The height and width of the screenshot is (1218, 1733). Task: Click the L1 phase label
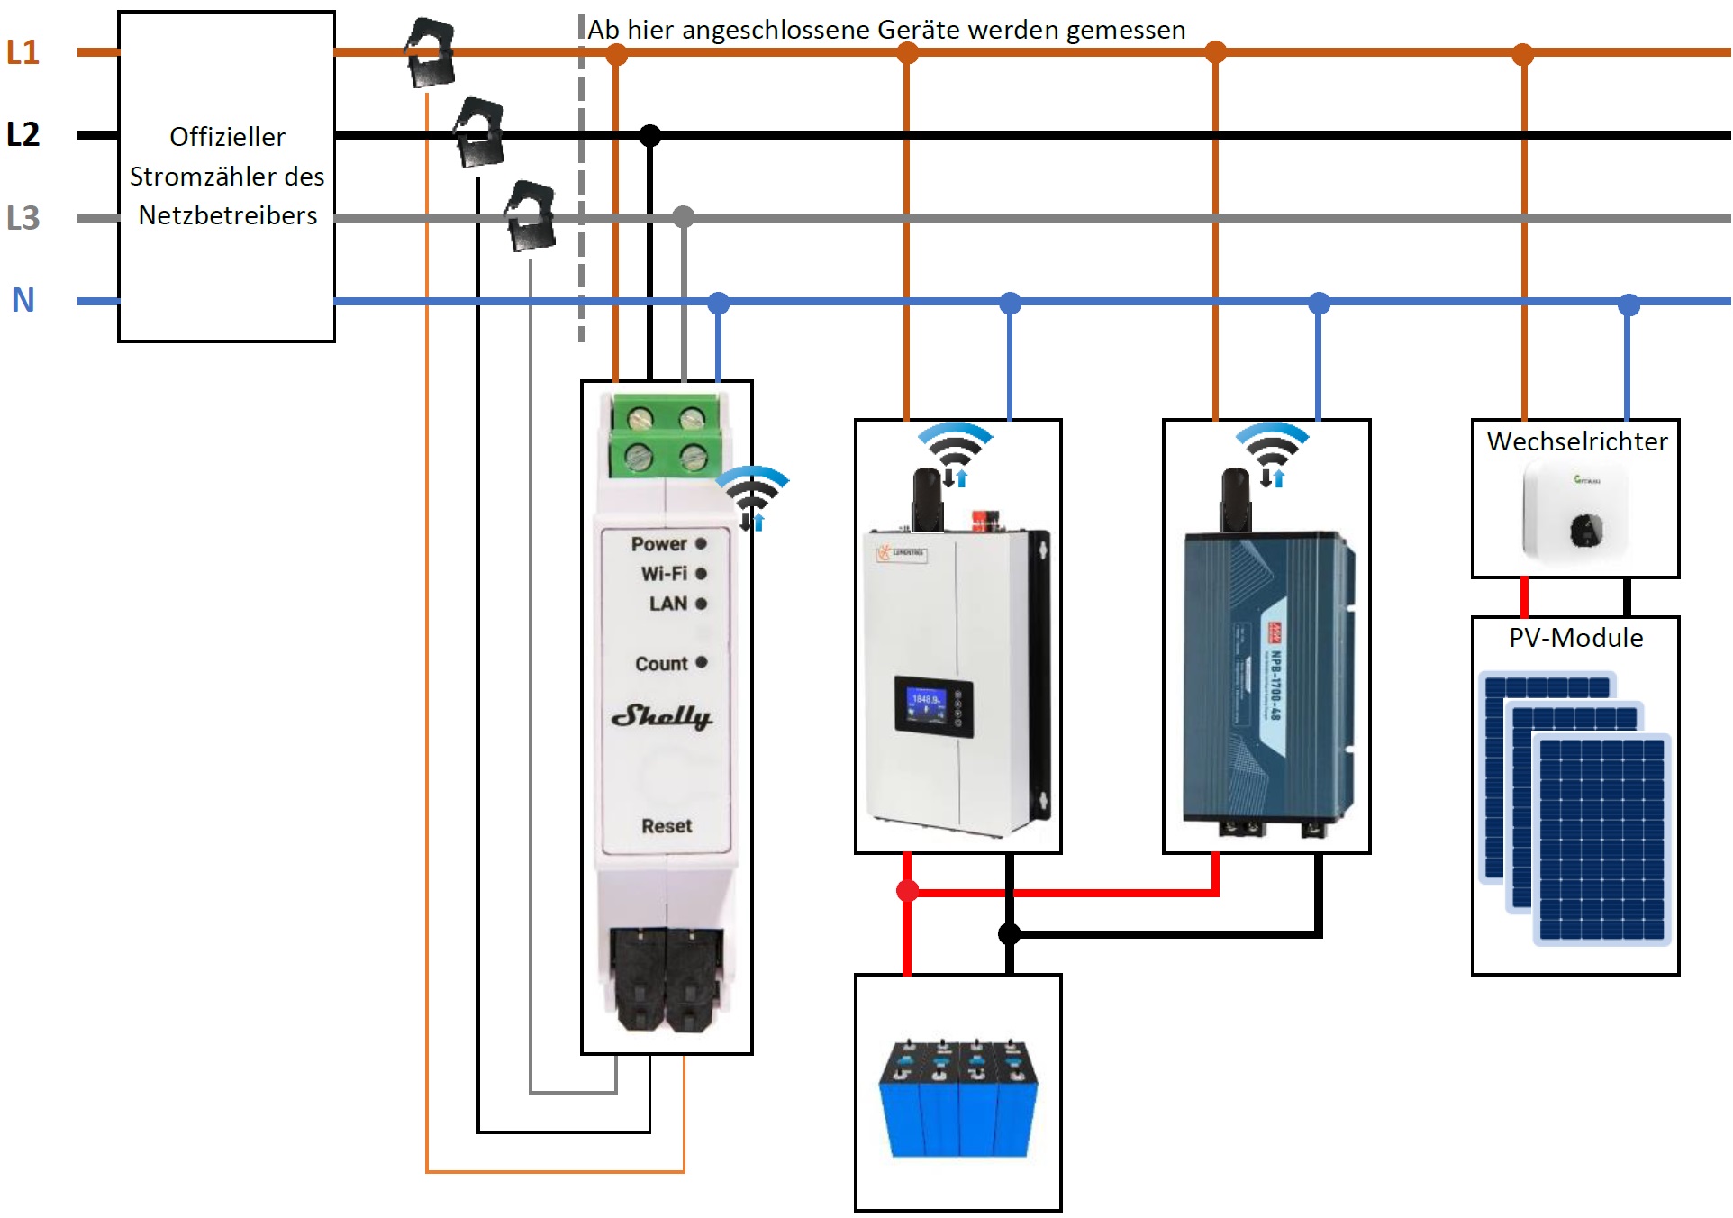pos(23,52)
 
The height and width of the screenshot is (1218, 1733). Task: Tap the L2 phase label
pos(23,134)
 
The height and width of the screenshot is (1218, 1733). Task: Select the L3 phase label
pos(23,217)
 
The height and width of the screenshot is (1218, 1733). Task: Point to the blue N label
pos(23,300)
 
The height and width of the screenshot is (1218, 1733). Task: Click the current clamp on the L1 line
pos(430,52)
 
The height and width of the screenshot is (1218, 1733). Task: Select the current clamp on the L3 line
pos(530,215)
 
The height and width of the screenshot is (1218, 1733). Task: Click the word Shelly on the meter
pos(662,716)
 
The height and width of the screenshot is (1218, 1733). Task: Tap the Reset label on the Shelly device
pos(667,825)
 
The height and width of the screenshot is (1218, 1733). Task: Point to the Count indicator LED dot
pos(702,662)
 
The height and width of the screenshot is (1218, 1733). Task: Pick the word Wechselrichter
pos(1576,441)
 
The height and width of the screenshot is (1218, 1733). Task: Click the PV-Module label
pos(1576,638)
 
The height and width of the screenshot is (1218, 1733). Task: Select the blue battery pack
pos(958,1099)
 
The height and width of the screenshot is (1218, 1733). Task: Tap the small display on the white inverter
pos(931,705)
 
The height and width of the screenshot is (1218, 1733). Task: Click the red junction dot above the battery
pos(907,891)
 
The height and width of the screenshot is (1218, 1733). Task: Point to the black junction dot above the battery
pos(1010,933)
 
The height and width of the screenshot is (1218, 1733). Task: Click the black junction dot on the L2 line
pos(650,135)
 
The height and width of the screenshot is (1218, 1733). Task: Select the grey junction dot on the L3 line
pos(684,216)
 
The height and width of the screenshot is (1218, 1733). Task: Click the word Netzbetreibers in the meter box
pos(228,215)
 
